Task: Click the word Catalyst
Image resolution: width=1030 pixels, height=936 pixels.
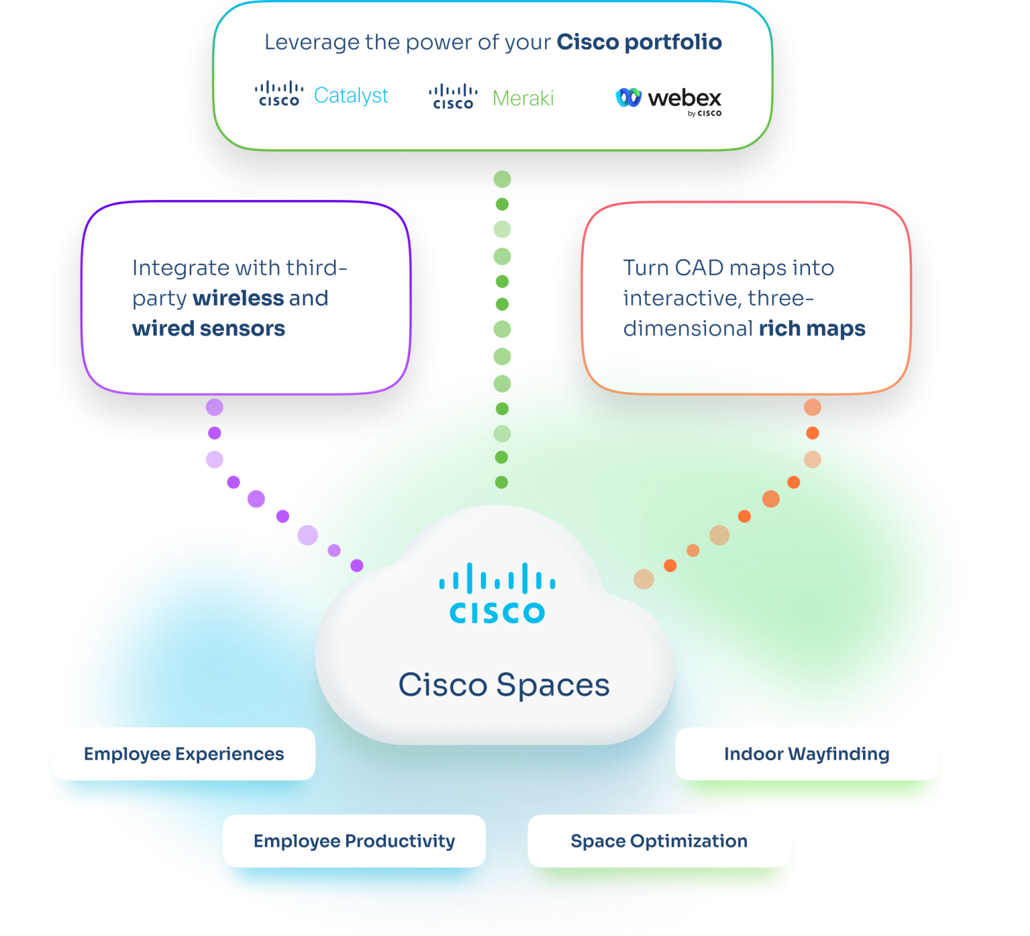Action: pyautogui.click(x=351, y=96)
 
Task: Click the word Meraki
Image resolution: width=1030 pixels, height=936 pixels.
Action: pyautogui.click(x=523, y=99)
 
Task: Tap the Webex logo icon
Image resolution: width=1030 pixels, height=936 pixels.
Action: pyautogui.click(x=628, y=98)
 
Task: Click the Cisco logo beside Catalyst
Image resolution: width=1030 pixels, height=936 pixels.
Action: pyautogui.click(x=279, y=95)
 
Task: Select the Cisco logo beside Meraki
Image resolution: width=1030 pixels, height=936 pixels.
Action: pyautogui.click(x=453, y=97)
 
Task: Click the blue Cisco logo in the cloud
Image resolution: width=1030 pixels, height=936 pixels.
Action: pyautogui.click(x=497, y=594)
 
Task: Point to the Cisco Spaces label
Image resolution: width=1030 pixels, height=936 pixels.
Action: pyautogui.click(x=504, y=685)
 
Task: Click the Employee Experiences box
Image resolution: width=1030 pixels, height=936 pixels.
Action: pyautogui.click(x=184, y=754)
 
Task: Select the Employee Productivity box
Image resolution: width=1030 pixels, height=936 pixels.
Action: pyautogui.click(x=354, y=841)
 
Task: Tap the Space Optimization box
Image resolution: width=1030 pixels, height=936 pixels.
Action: pyautogui.click(x=659, y=841)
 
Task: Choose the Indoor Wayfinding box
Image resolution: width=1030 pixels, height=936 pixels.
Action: pyautogui.click(x=806, y=754)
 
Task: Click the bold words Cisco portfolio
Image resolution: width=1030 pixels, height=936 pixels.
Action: pyautogui.click(x=639, y=42)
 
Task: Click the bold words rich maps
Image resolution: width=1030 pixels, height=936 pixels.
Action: pyautogui.click(x=811, y=329)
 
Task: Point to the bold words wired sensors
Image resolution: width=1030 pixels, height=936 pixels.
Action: pyautogui.click(x=209, y=329)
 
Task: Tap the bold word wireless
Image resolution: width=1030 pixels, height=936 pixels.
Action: pyautogui.click(x=238, y=299)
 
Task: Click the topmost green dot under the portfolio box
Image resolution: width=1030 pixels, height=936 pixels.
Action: pyautogui.click(x=502, y=179)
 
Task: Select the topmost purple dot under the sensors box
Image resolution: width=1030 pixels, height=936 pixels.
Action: pyautogui.click(x=215, y=407)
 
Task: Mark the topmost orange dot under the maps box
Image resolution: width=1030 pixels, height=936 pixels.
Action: pyautogui.click(x=813, y=407)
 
